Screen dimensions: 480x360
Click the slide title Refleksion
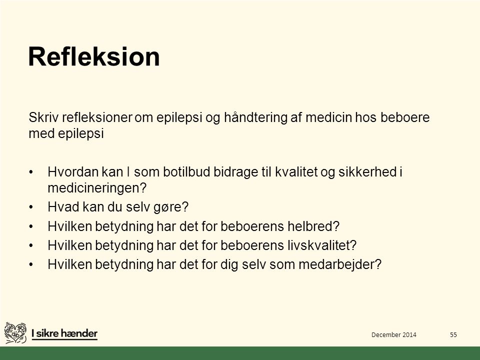[94, 56]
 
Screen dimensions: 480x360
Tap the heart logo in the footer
[15, 333]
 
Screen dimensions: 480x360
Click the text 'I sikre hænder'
[64, 333]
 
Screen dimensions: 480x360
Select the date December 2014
[393, 334]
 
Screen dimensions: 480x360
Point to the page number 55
[453, 334]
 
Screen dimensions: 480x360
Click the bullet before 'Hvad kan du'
[30, 207]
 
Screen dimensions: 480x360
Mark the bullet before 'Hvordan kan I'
[30, 172]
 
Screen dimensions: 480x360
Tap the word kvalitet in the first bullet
[296, 171]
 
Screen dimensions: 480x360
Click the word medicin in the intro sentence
[328, 117]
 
